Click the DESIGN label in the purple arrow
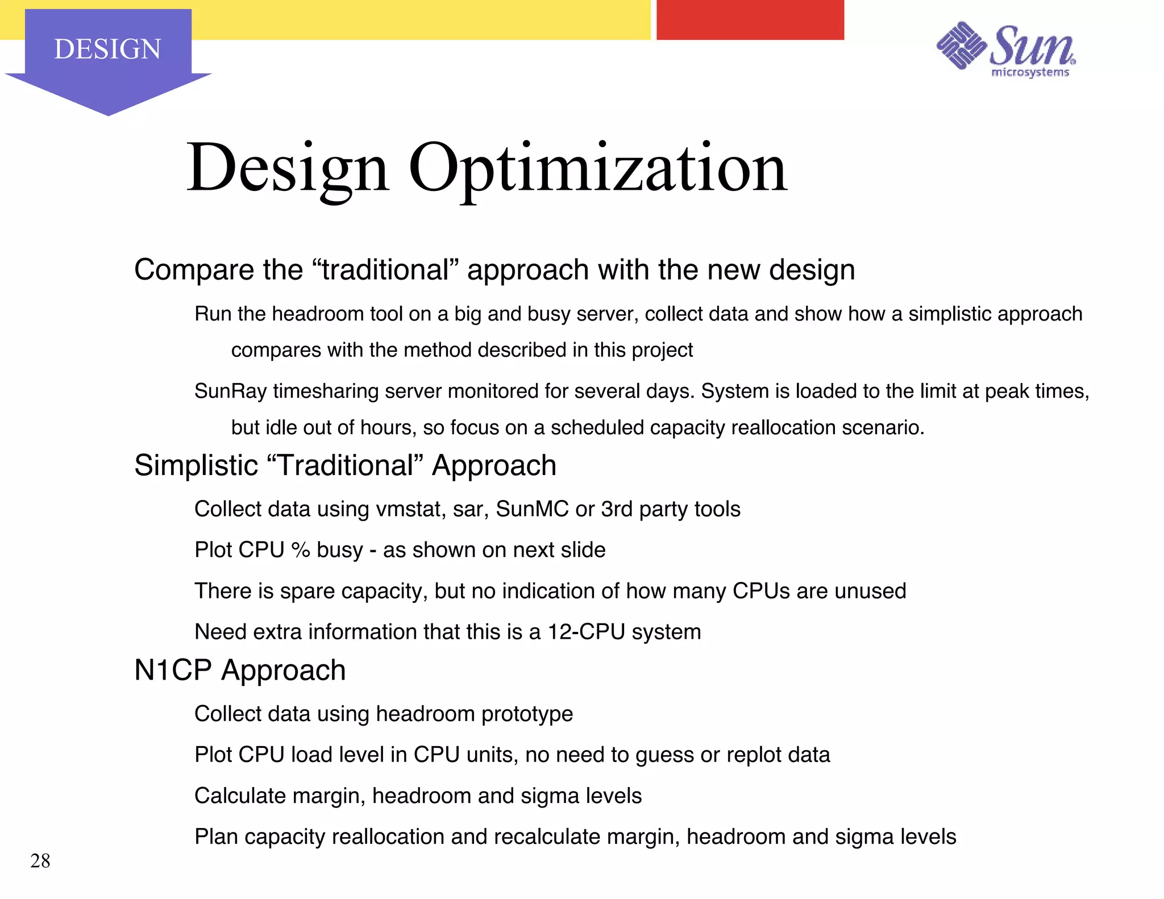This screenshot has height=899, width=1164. [x=107, y=49]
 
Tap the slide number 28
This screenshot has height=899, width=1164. [x=40, y=861]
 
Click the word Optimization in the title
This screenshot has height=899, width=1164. [x=597, y=168]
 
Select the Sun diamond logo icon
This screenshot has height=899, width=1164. [x=961, y=45]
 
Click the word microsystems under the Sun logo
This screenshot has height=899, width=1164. [x=1030, y=72]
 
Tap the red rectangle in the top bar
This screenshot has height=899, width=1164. [x=750, y=20]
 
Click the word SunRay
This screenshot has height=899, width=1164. [x=230, y=392]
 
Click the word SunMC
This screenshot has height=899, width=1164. [x=532, y=509]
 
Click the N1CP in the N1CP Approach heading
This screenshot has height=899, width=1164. [x=173, y=671]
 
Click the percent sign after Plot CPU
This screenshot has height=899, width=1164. [x=300, y=550]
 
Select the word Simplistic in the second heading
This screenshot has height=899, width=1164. [x=196, y=466]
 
